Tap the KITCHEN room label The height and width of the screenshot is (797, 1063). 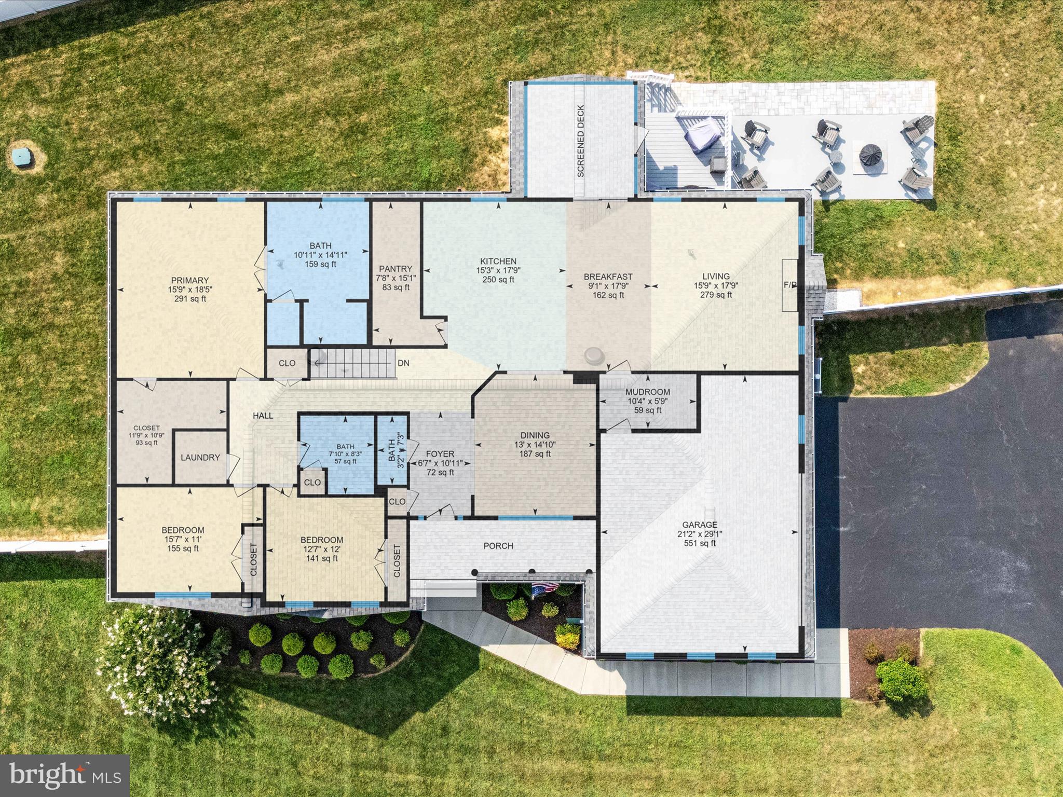pyautogui.click(x=498, y=261)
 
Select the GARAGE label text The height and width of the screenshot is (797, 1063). pyautogui.click(x=700, y=525)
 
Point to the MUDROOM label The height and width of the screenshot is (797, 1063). pyautogui.click(x=647, y=392)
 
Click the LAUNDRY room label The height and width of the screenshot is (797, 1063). pyautogui.click(x=200, y=458)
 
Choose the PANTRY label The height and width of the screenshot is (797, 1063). pyautogui.click(x=396, y=269)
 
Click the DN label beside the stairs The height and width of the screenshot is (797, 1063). pyautogui.click(x=403, y=363)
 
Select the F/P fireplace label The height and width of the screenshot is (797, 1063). pyautogui.click(x=790, y=285)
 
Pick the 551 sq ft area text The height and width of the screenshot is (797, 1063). pyautogui.click(x=700, y=543)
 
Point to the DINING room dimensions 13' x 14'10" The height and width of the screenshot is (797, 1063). pyautogui.click(x=535, y=445)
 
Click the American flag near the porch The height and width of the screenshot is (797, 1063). pyautogui.click(x=544, y=589)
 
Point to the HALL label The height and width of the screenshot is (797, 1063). pyautogui.click(x=263, y=416)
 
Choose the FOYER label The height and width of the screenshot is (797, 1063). pyautogui.click(x=440, y=454)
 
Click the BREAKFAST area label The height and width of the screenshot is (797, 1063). pyautogui.click(x=608, y=277)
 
